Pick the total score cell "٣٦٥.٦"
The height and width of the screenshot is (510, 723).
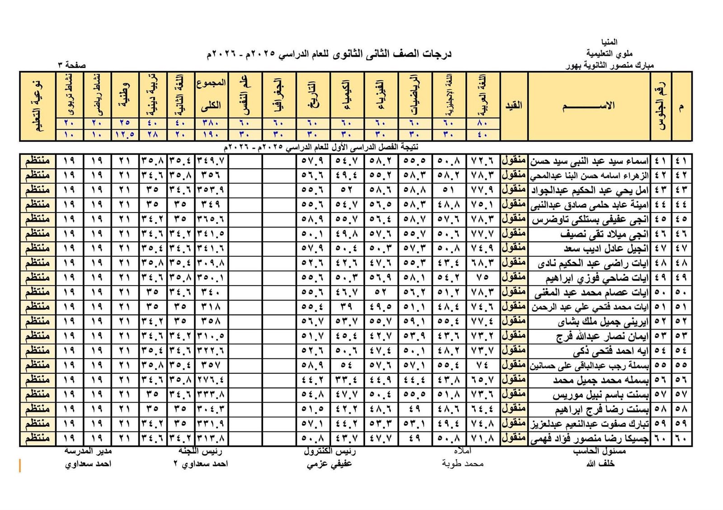pos(211,219)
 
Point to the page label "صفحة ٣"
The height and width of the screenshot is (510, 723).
pos(72,65)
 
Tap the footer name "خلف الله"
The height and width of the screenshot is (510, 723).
pos(600,464)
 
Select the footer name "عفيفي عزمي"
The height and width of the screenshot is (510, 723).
pos(329,464)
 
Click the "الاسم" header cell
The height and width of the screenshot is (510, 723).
pos(588,106)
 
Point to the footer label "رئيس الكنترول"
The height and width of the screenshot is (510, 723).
pos(329,451)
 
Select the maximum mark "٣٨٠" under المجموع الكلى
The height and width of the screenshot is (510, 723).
pos(211,123)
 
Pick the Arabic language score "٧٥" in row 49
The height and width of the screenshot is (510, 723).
pos(483,278)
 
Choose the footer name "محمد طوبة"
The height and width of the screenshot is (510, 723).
pos(463,464)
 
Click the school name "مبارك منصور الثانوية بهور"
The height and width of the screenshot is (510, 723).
pos(610,65)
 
